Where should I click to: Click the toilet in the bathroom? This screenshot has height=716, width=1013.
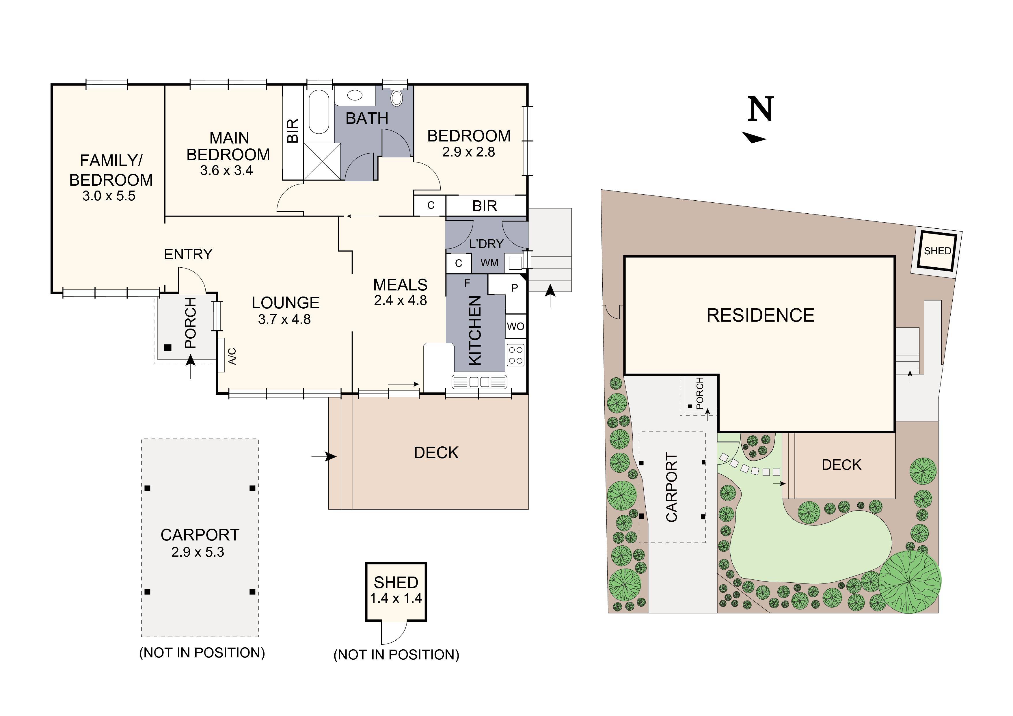(397, 98)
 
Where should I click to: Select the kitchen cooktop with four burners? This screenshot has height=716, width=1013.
(516, 355)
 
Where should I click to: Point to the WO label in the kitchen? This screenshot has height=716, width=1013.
(515, 327)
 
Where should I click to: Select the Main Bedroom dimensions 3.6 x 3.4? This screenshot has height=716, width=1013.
(226, 170)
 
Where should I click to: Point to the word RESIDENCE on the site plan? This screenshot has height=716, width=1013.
(760, 316)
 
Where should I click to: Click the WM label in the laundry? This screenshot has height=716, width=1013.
(489, 263)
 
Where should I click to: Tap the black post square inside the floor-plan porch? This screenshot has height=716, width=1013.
(168, 348)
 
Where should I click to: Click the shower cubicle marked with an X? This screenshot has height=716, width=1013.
(322, 161)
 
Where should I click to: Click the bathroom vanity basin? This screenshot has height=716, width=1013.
(355, 95)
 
